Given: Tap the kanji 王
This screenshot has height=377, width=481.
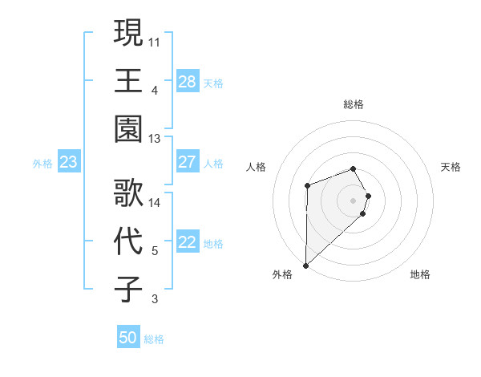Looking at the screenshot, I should tap(128, 80).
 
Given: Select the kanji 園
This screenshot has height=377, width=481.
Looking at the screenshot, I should tap(128, 129).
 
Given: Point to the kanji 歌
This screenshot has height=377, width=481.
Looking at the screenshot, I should tap(128, 193).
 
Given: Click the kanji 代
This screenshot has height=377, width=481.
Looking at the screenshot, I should tap(128, 241).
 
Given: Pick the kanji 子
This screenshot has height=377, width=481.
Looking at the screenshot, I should tap(128, 289).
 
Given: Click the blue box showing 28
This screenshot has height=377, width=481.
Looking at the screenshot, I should tap(188, 82).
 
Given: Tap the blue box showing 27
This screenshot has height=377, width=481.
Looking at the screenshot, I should tap(188, 162).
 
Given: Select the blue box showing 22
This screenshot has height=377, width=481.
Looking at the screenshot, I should tap(188, 243).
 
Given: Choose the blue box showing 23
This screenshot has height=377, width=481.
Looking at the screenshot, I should tap(69, 163).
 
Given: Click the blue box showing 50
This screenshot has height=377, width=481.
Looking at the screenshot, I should tap(128, 338).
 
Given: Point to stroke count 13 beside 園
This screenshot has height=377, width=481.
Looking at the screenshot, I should tap(155, 139).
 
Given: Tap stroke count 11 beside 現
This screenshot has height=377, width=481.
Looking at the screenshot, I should tap(155, 41).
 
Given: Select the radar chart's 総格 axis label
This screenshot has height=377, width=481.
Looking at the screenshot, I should tap(353, 104).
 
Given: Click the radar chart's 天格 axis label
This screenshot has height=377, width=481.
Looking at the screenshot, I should tap(451, 167).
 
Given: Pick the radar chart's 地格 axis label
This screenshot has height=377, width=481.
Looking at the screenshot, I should tap(420, 274).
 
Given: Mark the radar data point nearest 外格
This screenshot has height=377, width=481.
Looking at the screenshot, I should tap(305, 265).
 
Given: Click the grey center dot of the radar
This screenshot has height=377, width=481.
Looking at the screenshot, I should tap(353, 200).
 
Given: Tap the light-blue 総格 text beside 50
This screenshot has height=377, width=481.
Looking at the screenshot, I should tap(154, 339).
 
